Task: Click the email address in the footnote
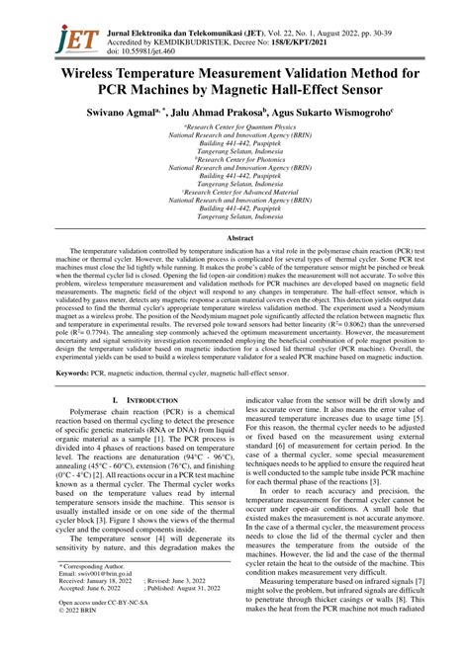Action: [105, 573]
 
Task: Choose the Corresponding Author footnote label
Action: [99, 563]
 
